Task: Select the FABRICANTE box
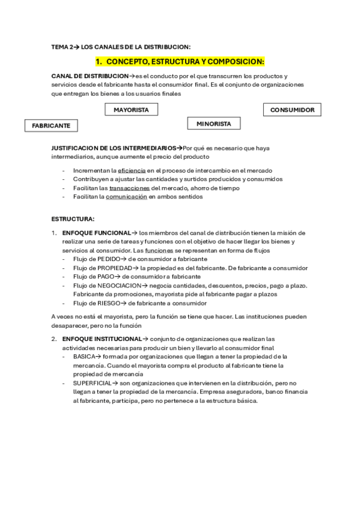(51, 126)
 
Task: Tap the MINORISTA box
(213, 123)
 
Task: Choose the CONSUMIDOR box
(292, 109)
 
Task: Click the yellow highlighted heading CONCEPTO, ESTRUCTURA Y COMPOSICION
(180, 61)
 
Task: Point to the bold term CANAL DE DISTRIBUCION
(90, 76)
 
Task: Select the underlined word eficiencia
(132, 171)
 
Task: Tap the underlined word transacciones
(129, 188)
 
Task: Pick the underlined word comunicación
(126, 196)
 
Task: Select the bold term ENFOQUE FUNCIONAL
(96, 233)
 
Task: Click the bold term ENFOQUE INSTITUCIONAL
(102, 339)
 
